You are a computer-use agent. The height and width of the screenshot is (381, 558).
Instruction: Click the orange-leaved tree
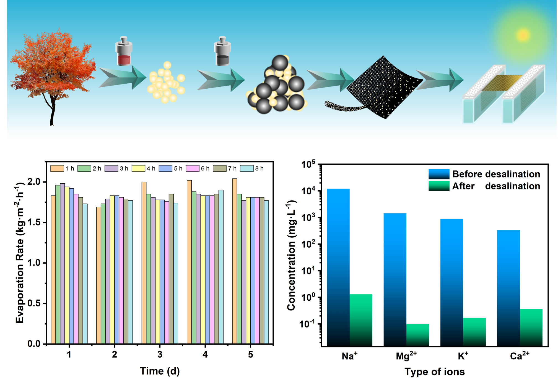[x=53, y=69]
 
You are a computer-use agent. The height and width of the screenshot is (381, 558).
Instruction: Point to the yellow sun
[x=523, y=35]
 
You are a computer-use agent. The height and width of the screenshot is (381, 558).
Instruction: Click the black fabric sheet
[x=385, y=87]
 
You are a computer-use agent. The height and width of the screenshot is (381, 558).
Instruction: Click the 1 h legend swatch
[x=57, y=168]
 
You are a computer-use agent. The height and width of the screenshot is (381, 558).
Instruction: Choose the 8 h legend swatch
[x=247, y=168]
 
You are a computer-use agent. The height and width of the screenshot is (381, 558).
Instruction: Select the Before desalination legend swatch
[x=439, y=174]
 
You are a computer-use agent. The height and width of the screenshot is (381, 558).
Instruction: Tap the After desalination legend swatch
[x=439, y=186]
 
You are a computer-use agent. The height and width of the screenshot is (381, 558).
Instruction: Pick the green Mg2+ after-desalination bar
[x=417, y=335]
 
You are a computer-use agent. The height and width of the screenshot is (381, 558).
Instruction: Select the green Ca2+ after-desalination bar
[x=531, y=327]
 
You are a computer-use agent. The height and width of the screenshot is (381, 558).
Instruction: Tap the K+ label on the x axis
[x=463, y=356]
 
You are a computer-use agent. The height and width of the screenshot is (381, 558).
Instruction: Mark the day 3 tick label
[x=160, y=354]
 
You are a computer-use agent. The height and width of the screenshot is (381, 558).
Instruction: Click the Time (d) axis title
[x=160, y=371]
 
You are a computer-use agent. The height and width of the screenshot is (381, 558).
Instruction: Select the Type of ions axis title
[x=434, y=372]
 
